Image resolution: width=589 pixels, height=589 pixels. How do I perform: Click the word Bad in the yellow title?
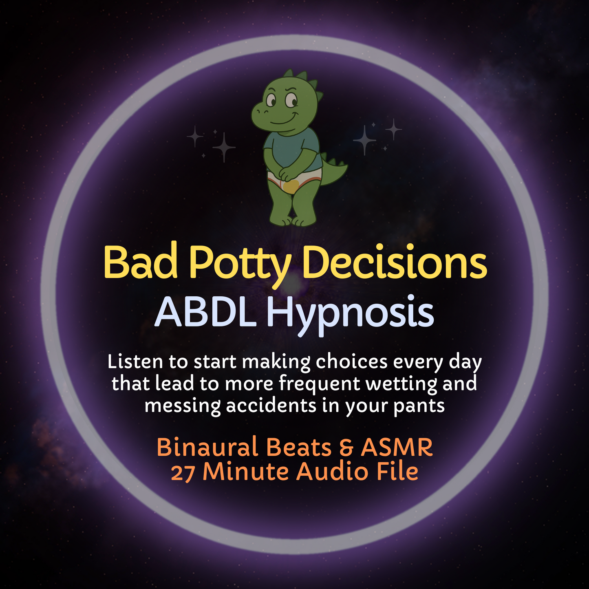click(141, 263)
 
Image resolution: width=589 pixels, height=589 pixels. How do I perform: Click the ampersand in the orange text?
click(346, 448)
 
